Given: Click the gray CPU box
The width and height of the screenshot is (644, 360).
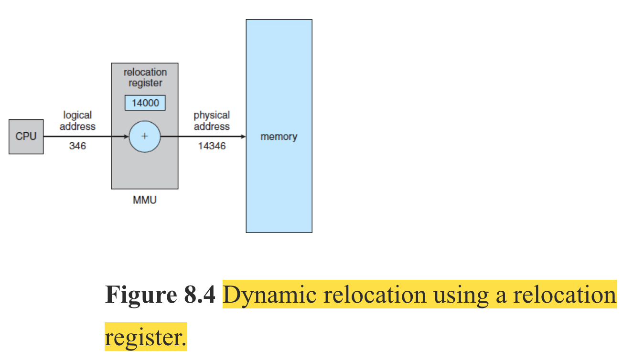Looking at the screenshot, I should point(26,137).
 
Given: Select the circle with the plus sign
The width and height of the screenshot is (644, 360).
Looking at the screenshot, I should point(144,137).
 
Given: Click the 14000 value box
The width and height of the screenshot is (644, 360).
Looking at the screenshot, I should point(145,103).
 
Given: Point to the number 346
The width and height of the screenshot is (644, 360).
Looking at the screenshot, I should point(77,146).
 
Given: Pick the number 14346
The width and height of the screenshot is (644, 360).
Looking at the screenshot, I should point(212,146).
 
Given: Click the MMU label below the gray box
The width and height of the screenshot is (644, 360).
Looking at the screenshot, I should point(144,200).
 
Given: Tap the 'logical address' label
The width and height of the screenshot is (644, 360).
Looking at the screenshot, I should point(77,121).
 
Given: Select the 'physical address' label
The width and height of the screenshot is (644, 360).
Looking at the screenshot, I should point(212,121).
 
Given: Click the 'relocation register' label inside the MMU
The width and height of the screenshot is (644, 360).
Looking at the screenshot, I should point(145,77).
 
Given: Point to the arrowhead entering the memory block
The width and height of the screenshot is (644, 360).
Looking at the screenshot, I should point(243,137).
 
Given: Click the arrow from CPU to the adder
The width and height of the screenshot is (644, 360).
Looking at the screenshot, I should point(86,137).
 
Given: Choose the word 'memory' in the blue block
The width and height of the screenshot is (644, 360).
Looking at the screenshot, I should point(279,137).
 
